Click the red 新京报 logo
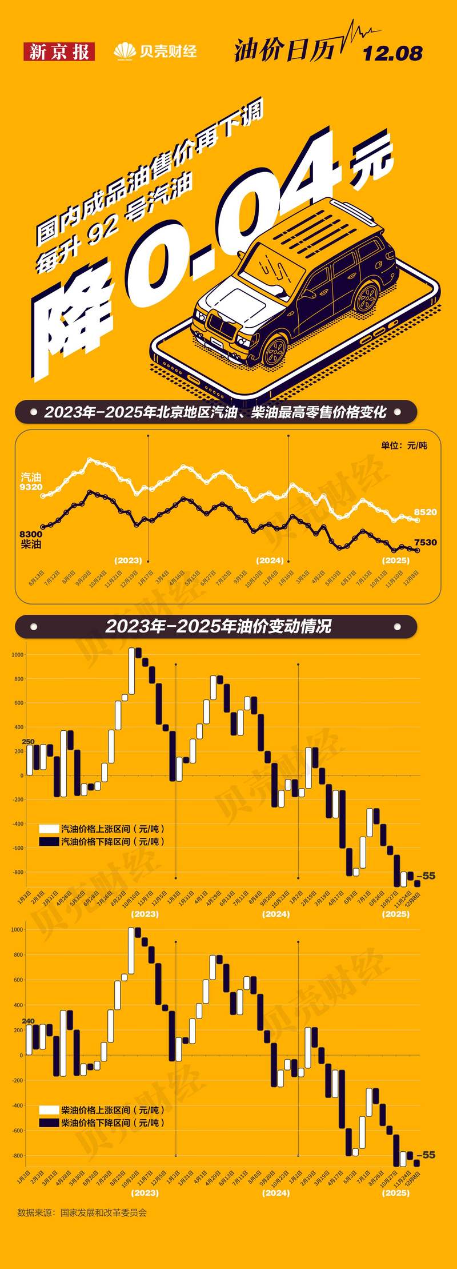coord(59,52)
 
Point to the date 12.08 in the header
coord(392,54)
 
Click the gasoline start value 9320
coord(30,487)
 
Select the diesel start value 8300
coord(30,534)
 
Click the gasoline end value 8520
coord(425,512)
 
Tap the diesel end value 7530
coord(425,542)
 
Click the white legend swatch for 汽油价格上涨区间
coord(49,829)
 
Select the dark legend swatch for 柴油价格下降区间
coord(49,1123)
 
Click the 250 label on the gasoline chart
coord(28,742)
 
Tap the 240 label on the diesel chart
coord(28,1021)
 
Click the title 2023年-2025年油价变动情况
coord(218,626)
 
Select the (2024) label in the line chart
coord(270,560)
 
